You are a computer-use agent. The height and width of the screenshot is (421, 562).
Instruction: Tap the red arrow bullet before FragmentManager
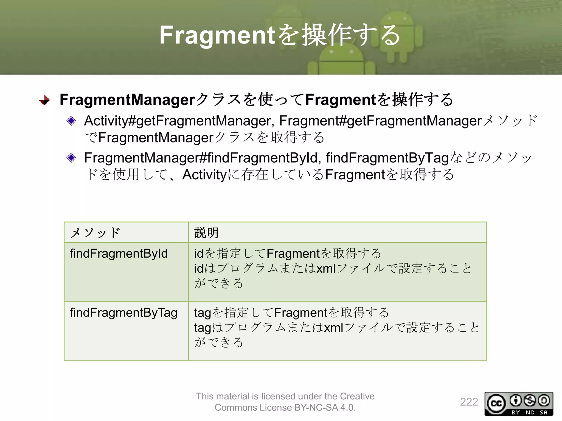tap(44, 100)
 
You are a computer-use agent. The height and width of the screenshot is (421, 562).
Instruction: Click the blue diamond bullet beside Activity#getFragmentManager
tap(71, 121)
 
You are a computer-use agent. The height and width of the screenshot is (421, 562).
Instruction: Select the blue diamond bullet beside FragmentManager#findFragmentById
tap(71, 158)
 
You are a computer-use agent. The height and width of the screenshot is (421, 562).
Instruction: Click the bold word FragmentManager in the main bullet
tap(127, 99)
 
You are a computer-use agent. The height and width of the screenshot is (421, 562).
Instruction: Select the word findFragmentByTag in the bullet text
tap(387, 158)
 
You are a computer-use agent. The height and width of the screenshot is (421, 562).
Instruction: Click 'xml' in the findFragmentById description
tap(326, 269)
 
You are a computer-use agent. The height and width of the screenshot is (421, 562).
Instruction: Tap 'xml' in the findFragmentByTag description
tap(334, 328)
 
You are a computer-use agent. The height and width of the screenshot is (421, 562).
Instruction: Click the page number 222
tap(469, 402)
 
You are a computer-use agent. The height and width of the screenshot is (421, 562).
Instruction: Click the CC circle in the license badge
tap(496, 403)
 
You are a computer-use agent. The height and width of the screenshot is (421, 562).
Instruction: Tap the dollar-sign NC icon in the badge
tap(530, 400)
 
